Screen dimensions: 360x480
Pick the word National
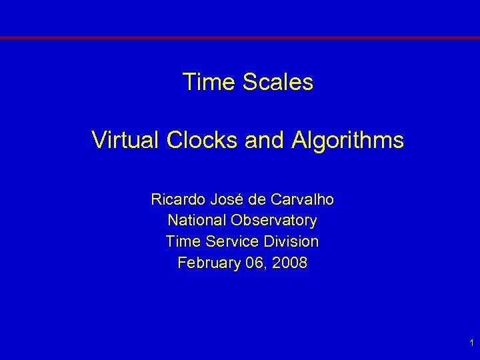[197, 220]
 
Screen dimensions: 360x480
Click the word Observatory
[275, 220]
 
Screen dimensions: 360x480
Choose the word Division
[289, 241]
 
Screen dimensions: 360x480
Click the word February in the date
[207, 263]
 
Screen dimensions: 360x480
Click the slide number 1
[471, 343]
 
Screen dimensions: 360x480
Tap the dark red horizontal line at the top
[240, 39]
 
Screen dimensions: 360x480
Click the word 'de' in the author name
[258, 199]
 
